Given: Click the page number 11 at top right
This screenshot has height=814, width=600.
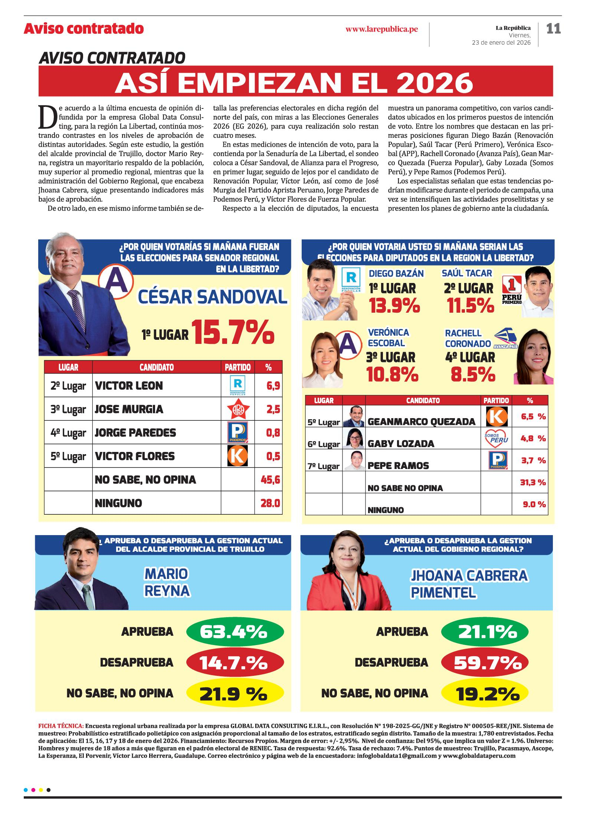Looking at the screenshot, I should (553, 29).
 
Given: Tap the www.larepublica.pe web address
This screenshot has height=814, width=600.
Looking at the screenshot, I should (381, 29).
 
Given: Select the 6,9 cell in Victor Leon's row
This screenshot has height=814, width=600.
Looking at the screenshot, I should (273, 386).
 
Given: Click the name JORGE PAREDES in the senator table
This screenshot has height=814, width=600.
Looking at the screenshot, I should (135, 433).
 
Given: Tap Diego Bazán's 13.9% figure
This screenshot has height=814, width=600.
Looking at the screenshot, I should (394, 306).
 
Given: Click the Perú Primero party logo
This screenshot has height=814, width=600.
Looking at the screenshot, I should (512, 290).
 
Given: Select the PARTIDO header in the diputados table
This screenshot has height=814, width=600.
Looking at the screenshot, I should (496, 401).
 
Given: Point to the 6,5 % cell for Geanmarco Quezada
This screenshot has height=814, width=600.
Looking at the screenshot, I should (533, 417).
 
